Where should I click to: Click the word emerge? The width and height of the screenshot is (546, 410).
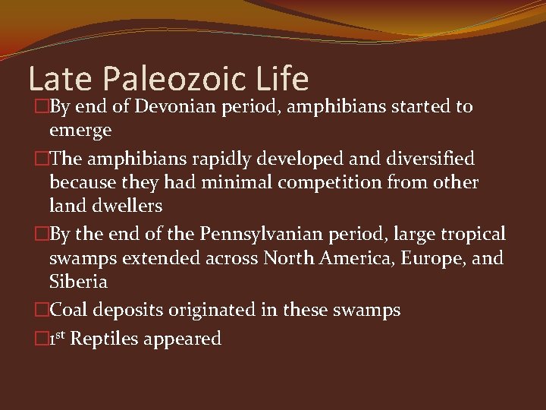tap(80, 131)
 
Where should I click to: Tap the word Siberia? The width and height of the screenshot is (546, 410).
tap(78, 282)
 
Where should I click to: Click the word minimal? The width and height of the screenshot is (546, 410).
tap(227, 183)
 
